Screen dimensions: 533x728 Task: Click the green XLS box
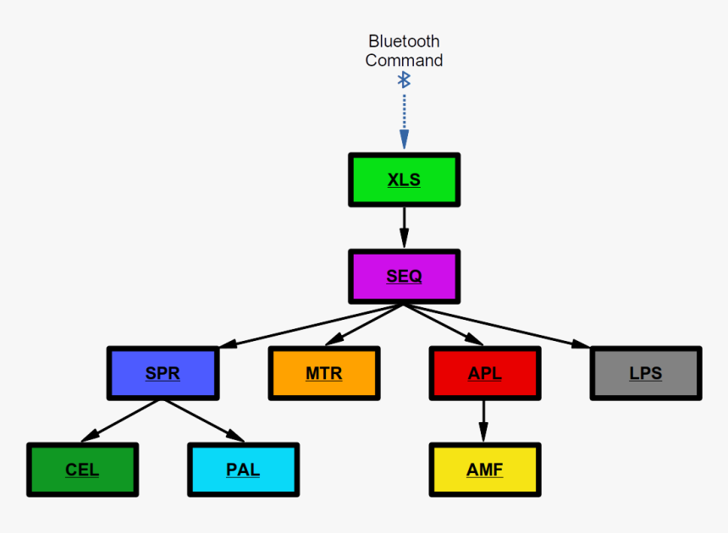coord(404,179)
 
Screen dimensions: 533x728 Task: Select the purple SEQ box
coord(404,277)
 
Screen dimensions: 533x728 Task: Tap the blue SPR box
coord(163,373)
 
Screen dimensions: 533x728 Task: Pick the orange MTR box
coord(323,373)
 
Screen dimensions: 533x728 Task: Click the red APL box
coord(484,373)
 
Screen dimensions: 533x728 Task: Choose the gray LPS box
coord(645,373)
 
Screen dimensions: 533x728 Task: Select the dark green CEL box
coord(82,470)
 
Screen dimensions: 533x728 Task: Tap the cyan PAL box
coord(243,470)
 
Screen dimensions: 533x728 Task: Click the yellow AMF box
coord(484,470)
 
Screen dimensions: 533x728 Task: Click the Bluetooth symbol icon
coord(405,80)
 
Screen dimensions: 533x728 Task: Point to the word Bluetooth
coord(404,41)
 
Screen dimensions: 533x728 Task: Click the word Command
coord(404,60)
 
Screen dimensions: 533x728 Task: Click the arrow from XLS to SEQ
coord(404,227)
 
